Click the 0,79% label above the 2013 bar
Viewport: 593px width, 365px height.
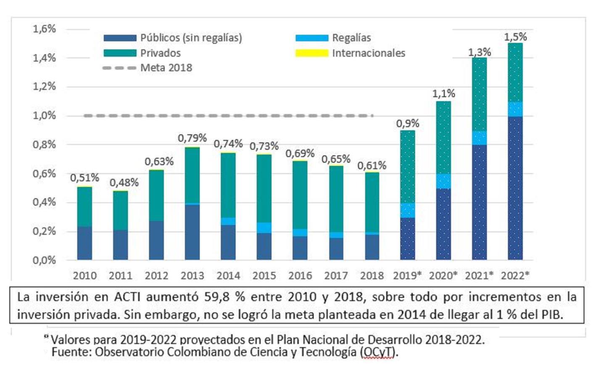tap(192, 138)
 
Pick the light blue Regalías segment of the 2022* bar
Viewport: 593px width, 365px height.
tap(515, 109)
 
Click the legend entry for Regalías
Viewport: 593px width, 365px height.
tap(351, 38)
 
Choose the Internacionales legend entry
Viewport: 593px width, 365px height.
tap(368, 53)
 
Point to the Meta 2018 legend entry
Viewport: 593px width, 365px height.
tap(166, 68)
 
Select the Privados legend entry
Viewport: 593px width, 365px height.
tap(160, 53)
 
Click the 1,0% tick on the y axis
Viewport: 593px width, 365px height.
tap(44, 116)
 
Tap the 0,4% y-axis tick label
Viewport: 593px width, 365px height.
tap(44, 202)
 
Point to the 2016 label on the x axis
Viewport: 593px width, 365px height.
tap(300, 275)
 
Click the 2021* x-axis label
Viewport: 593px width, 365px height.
tap(480, 275)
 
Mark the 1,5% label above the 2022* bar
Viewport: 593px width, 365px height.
tap(515, 37)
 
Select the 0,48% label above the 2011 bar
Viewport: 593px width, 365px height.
tap(124, 183)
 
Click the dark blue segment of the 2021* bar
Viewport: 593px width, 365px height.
tap(480, 202)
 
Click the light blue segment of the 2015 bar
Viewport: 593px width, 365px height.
tap(264, 227)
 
